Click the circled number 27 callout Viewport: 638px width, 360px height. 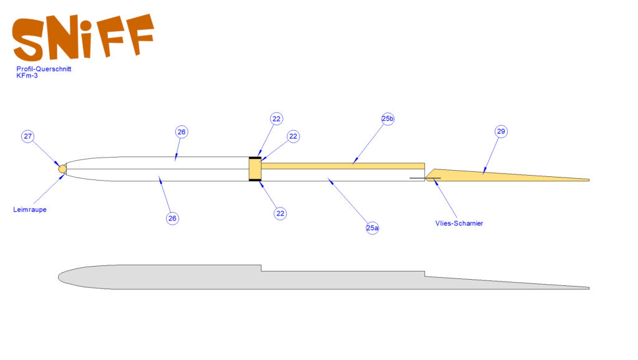(x=27, y=136)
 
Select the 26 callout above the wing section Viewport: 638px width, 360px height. (x=181, y=132)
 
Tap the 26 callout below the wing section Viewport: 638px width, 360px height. (x=173, y=219)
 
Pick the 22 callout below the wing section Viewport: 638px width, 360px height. (x=280, y=214)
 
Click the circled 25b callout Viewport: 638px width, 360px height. (x=388, y=119)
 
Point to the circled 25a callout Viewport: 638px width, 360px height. (x=373, y=228)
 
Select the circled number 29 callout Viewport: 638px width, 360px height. (x=501, y=131)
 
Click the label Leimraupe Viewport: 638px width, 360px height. (x=30, y=209)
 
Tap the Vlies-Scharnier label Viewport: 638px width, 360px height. (x=459, y=224)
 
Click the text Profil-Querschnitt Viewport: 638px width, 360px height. (x=44, y=69)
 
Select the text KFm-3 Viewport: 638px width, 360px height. (x=27, y=75)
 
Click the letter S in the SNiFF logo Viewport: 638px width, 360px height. (x=28, y=40)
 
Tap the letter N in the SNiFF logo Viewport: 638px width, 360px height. (x=62, y=37)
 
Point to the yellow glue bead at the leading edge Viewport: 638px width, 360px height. (x=62, y=169)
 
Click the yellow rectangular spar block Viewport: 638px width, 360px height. (x=255, y=169)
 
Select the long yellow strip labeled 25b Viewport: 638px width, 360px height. (x=343, y=166)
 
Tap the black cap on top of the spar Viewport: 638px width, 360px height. (x=255, y=158)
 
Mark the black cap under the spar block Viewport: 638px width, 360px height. (x=255, y=180)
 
